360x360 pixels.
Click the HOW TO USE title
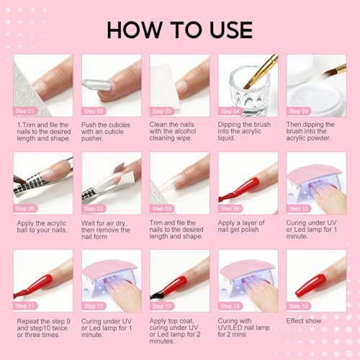(x=180, y=30)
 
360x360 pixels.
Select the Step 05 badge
(x=301, y=112)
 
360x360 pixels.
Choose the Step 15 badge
(x=301, y=305)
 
